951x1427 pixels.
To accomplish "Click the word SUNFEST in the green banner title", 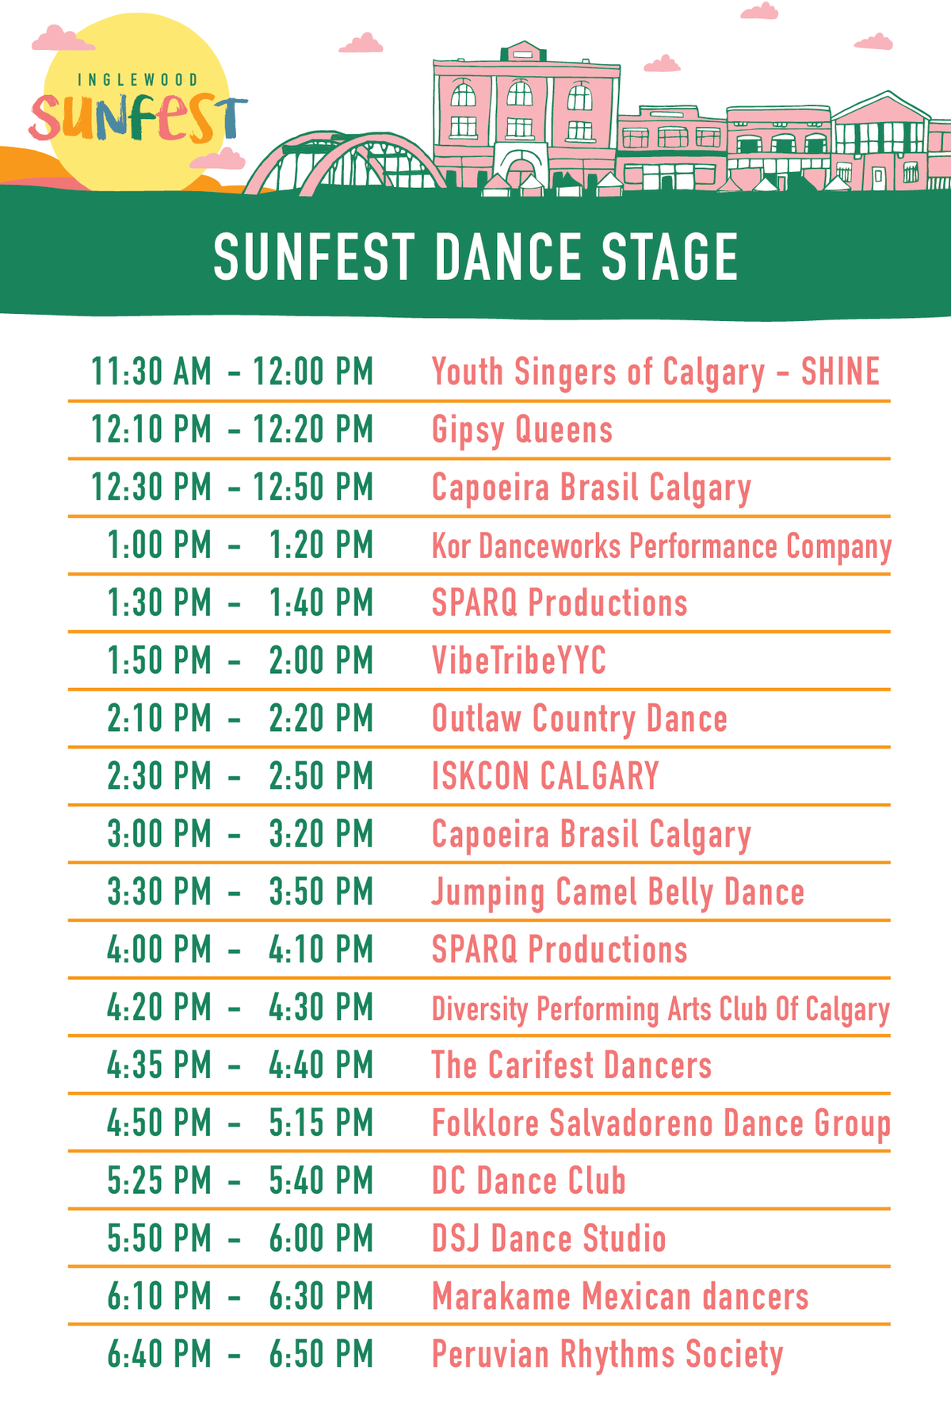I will pyautogui.click(x=314, y=258).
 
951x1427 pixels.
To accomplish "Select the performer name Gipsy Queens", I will pyautogui.click(x=522, y=430).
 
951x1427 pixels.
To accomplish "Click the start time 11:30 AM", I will pyautogui.click(x=151, y=372).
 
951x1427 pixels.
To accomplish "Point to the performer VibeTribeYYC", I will pyautogui.click(x=519, y=661).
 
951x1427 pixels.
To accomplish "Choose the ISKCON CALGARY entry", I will pyautogui.click(x=545, y=776).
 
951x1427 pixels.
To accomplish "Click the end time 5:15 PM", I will pyautogui.click(x=321, y=1123).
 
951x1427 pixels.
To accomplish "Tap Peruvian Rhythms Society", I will pyautogui.click(x=607, y=1355).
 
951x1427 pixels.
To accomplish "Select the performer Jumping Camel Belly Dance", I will pyautogui.click(x=617, y=893).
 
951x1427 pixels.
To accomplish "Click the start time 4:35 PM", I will pyautogui.click(x=159, y=1065).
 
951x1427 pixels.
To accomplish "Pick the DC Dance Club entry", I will pyautogui.click(x=529, y=1181).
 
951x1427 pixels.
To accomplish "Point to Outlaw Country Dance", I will pyautogui.click(x=579, y=719).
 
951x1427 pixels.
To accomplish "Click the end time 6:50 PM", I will pyautogui.click(x=321, y=1355).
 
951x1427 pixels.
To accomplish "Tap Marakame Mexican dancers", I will pyautogui.click(x=620, y=1297).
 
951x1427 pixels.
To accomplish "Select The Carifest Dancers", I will pyautogui.click(x=571, y=1065).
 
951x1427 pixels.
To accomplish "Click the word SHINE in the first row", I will pyautogui.click(x=840, y=372).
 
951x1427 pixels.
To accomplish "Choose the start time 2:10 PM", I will pyautogui.click(x=159, y=719).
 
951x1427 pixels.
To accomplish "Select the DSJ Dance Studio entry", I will pyautogui.click(x=548, y=1239).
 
